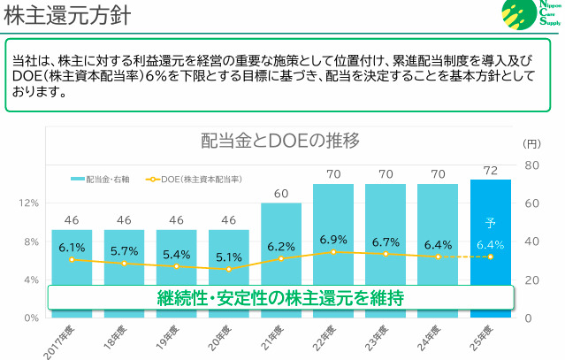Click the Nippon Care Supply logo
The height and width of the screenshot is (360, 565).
(x=531, y=15)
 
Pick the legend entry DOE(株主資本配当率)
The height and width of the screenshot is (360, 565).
(x=197, y=179)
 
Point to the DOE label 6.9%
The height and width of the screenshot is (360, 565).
(x=333, y=240)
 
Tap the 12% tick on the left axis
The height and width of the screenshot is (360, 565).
(x=29, y=203)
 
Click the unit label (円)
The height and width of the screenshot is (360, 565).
(x=531, y=143)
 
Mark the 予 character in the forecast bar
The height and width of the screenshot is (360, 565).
(x=490, y=223)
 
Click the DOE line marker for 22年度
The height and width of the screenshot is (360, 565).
(x=333, y=252)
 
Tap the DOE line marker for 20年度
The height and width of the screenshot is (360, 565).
(x=228, y=269)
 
